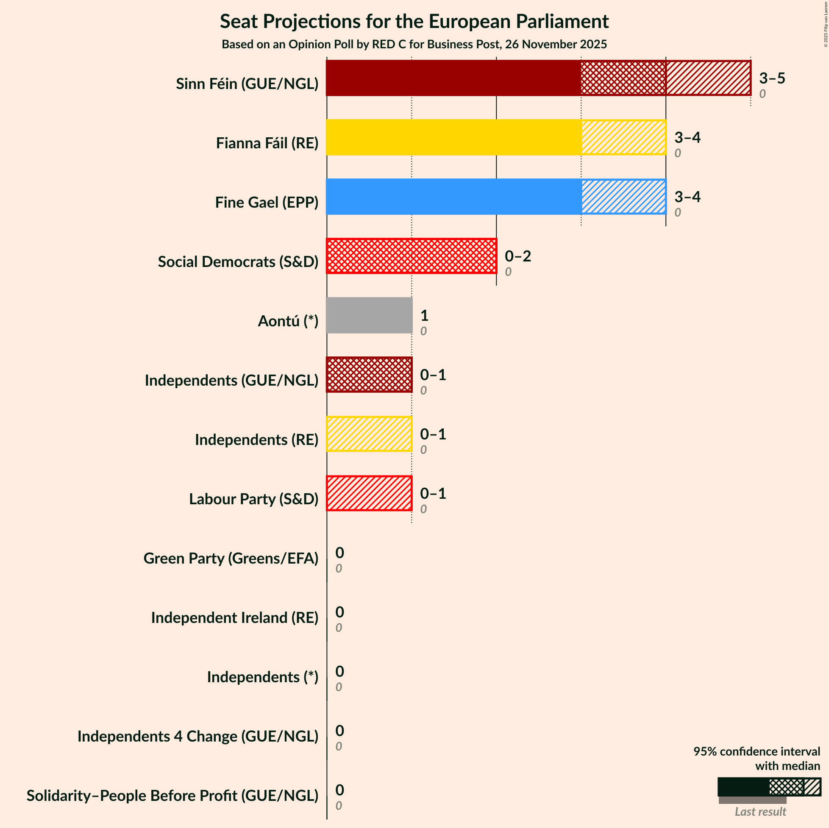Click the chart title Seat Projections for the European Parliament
pos(414,22)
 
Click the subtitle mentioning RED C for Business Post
pos(414,44)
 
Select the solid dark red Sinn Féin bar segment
pos(453,78)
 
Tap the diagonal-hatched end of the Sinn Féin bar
pos(708,78)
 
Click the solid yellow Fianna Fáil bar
pos(453,137)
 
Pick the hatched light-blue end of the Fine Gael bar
pos(623,197)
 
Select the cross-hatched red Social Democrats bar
pos(411,256)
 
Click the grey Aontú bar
pos(369,315)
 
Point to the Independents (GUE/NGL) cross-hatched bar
pos(369,375)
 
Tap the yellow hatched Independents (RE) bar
pos(369,434)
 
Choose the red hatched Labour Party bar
pos(369,493)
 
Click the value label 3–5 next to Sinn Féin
pos(771,78)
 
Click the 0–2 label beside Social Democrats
pos(517,256)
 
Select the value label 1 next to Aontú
pos(424,316)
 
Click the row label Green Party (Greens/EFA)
pos(231,558)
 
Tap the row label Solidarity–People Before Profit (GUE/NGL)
pos(172,795)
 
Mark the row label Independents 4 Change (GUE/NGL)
pos(198,736)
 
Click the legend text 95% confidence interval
pos(757,751)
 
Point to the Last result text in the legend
pos(760,811)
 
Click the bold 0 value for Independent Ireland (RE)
pos(339,612)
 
